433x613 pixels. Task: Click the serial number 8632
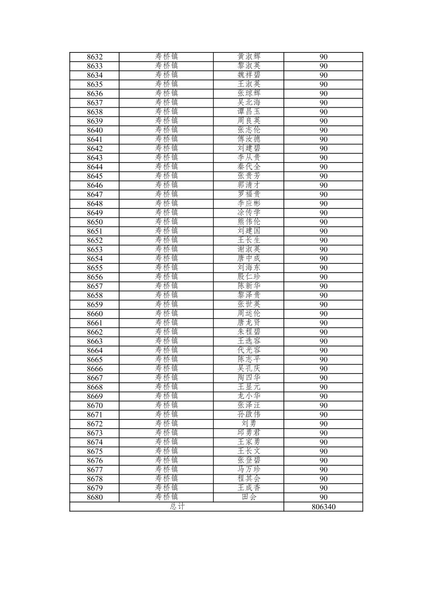[x=95, y=57]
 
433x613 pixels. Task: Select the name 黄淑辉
[x=249, y=57]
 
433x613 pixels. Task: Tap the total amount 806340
[x=323, y=507]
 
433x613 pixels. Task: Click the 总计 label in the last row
[x=177, y=507]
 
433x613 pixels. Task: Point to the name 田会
[x=249, y=497]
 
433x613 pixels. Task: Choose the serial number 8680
[x=95, y=497]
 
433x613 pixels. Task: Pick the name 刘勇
[x=249, y=424]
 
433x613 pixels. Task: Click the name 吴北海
[x=249, y=103]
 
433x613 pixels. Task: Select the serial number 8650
[x=95, y=222]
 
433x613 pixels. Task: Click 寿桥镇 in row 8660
[x=166, y=314]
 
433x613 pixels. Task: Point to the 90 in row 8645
[x=323, y=176]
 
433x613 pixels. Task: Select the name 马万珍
[x=249, y=470]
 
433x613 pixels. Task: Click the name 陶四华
[x=249, y=378]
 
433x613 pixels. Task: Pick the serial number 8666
[x=95, y=369]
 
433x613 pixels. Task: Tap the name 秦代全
[x=249, y=167]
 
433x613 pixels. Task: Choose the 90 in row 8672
[x=323, y=424]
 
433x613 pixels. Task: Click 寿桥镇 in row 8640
[x=166, y=130]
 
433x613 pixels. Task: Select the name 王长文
[x=249, y=451]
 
